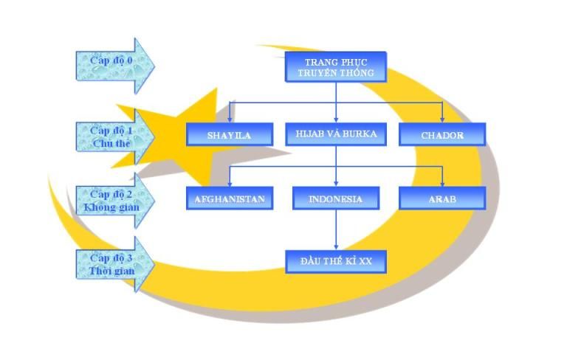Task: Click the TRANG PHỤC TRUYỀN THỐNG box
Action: (x=336, y=66)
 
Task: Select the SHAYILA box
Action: (x=230, y=135)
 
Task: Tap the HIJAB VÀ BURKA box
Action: (x=336, y=134)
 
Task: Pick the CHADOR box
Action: (x=442, y=135)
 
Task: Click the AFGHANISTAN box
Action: (x=229, y=199)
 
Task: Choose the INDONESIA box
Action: (x=336, y=199)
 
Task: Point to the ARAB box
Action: (x=442, y=198)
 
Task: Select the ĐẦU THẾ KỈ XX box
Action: (x=336, y=262)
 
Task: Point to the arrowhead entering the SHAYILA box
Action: (x=230, y=119)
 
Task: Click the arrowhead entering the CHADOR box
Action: (x=442, y=119)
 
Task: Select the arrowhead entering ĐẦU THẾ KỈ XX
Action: (x=336, y=246)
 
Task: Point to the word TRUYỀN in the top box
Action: (x=319, y=73)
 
